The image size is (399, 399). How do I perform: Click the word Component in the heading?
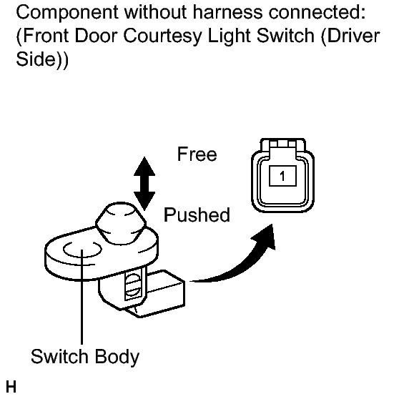point(67,13)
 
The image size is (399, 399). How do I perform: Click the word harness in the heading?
point(228,11)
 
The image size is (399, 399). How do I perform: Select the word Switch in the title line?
point(285,35)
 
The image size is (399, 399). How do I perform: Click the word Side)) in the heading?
point(42,59)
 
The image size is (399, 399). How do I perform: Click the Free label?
point(197,154)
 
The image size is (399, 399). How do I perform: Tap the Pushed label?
point(197,215)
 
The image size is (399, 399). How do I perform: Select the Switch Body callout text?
point(85,357)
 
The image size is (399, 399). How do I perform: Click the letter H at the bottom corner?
point(11,387)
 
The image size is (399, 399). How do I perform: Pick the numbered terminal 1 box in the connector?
point(282,176)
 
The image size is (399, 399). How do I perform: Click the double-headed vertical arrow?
point(144,184)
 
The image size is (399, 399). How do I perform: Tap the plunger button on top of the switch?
point(121,223)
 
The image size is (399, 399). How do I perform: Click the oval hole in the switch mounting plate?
point(82,250)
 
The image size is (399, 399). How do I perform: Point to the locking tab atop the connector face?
point(282,147)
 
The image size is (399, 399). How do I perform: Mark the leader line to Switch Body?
point(82,297)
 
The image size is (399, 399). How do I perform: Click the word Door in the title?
point(96,36)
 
